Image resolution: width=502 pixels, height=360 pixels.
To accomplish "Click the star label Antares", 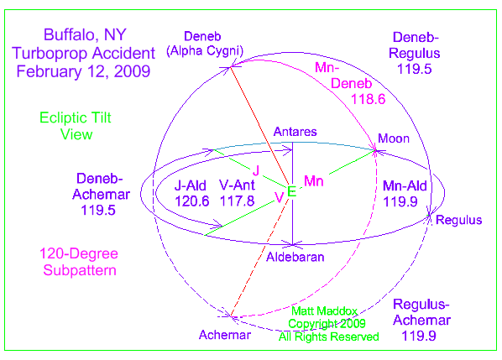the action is (295, 132).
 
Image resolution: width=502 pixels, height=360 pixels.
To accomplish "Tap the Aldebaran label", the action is (295, 257).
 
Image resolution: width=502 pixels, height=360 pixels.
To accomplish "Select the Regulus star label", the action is (458, 220).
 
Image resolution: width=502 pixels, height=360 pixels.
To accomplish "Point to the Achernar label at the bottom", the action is (225, 335).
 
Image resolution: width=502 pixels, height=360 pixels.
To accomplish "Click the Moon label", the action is (394, 138).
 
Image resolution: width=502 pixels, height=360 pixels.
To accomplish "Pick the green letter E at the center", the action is (291, 191).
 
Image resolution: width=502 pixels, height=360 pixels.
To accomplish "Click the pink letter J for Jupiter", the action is (256, 170).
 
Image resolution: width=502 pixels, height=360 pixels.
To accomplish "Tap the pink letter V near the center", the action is (279, 197).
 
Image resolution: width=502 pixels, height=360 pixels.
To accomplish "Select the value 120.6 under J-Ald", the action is (191, 201).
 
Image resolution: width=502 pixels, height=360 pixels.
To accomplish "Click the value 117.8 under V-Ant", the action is (237, 201).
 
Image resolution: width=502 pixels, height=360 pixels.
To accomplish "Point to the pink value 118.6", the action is (369, 99).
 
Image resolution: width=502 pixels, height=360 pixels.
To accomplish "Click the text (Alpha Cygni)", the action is (205, 51).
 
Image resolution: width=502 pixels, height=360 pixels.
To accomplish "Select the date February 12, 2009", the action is (83, 71).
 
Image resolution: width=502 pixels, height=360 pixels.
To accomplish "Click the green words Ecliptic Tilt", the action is (76, 117).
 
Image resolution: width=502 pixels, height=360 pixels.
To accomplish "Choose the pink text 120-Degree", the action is (79, 253).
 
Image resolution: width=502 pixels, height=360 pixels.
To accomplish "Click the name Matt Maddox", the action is (324, 310).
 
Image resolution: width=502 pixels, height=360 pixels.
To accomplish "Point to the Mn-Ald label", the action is (405, 186).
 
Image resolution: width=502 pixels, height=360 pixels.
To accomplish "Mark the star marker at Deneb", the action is (230, 67).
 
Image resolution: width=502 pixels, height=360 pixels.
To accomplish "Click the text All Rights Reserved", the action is (329, 337).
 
